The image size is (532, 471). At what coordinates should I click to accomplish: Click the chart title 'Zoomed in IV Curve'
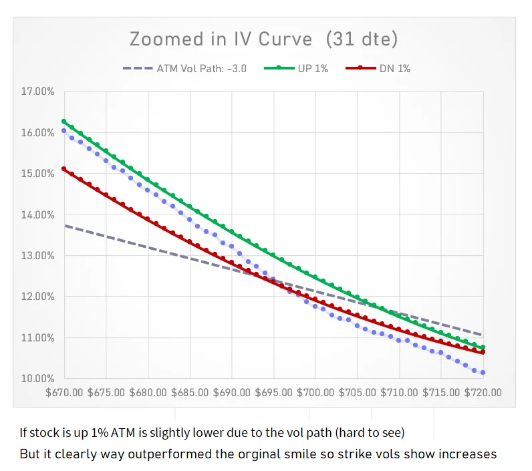click(x=221, y=39)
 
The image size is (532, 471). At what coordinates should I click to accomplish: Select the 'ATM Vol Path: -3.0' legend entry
click(x=201, y=68)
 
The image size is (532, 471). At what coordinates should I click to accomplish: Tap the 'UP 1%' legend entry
click(x=312, y=68)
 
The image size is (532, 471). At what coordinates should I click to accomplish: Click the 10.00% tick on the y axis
click(x=37, y=379)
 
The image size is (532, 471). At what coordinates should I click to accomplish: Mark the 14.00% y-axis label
click(x=37, y=215)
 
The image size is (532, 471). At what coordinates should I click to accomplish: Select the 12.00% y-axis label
click(x=37, y=297)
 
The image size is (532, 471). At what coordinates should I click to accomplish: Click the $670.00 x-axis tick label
click(x=64, y=392)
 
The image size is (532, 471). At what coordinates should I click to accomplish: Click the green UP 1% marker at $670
click(x=64, y=122)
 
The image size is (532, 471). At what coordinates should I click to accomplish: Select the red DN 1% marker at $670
click(x=64, y=168)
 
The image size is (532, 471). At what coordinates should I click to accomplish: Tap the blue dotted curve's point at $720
click(x=483, y=372)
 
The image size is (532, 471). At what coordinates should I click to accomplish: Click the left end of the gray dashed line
click(x=65, y=226)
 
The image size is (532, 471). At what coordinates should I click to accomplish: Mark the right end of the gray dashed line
click(x=482, y=334)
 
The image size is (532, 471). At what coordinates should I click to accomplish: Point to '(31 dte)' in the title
click(x=362, y=39)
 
